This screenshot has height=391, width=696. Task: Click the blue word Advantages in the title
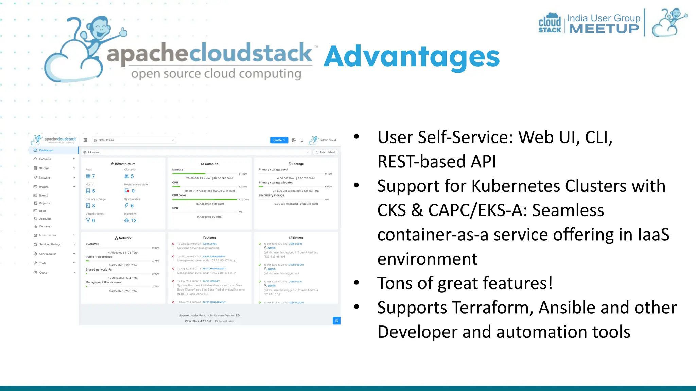pos(411,57)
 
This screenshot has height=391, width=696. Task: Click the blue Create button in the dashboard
pos(279,140)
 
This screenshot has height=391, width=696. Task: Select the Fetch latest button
pos(325,152)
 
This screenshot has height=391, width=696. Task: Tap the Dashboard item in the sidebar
pos(46,150)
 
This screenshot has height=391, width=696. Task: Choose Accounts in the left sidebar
pos(45,219)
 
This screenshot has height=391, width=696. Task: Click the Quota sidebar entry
pos(43,273)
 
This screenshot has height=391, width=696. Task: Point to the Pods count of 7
pos(93,176)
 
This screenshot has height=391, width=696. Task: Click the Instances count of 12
pos(134,221)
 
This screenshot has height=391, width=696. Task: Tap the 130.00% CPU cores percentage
pos(244,200)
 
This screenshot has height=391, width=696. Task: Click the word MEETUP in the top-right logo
pos(604,29)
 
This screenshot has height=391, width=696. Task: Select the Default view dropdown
pos(134,140)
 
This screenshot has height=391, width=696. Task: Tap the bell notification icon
pos(302,140)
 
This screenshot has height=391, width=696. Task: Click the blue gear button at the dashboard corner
pos(336,321)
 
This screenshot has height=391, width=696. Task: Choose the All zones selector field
pos(195,152)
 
